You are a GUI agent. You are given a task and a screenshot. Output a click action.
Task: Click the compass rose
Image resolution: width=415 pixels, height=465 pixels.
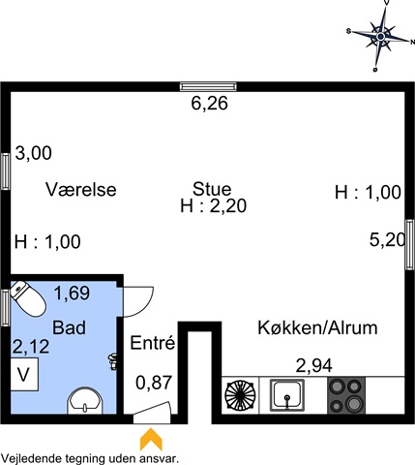(380, 36)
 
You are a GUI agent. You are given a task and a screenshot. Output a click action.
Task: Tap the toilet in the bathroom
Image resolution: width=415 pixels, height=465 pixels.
(27, 298)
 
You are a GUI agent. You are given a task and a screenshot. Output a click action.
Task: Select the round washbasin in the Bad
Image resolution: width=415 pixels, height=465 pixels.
(85, 401)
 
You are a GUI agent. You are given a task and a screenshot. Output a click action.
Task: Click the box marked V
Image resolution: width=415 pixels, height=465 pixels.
(24, 374)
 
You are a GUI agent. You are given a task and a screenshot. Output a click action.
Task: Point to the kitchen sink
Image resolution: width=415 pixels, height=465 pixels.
(287, 395)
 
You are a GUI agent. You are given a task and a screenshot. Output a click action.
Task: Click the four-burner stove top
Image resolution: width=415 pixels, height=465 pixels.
(346, 395)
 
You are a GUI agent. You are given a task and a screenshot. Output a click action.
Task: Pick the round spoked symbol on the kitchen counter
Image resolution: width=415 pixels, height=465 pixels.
(240, 395)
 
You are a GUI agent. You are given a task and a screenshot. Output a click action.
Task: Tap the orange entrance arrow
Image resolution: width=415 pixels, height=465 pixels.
(151, 439)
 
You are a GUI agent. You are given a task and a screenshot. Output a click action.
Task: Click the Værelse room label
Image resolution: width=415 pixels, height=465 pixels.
(81, 189)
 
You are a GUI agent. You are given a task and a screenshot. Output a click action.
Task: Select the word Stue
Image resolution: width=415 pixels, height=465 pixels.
(212, 189)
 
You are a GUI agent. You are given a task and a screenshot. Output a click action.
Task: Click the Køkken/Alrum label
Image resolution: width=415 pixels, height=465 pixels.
(317, 327)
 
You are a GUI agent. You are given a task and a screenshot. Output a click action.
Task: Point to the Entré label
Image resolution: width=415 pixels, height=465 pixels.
(153, 343)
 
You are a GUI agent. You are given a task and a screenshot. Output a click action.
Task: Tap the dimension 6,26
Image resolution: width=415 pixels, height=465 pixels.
(210, 104)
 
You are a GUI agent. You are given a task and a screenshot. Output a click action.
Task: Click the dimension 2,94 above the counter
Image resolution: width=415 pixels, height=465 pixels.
(313, 366)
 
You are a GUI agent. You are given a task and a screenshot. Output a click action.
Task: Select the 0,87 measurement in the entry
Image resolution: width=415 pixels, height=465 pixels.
(154, 383)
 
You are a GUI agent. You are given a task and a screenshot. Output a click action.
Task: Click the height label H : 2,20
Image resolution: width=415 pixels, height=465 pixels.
(214, 205)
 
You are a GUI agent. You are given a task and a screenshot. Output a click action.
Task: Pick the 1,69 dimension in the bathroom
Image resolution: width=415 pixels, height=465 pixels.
(72, 294)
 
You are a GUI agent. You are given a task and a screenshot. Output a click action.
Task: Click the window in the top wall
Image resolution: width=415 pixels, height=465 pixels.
(208, 86)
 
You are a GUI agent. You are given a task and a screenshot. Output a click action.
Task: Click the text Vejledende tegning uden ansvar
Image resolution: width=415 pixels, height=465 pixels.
(90, 458)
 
